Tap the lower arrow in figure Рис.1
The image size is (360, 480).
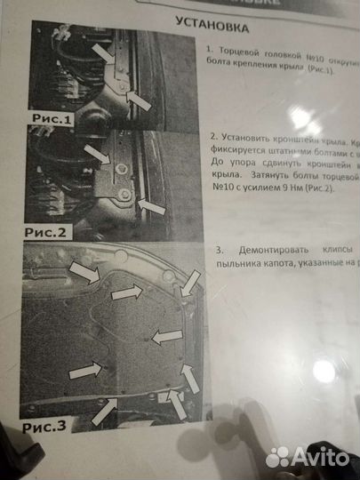(x=140, y=101)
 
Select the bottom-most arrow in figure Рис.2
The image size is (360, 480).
(x=151, y=208)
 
